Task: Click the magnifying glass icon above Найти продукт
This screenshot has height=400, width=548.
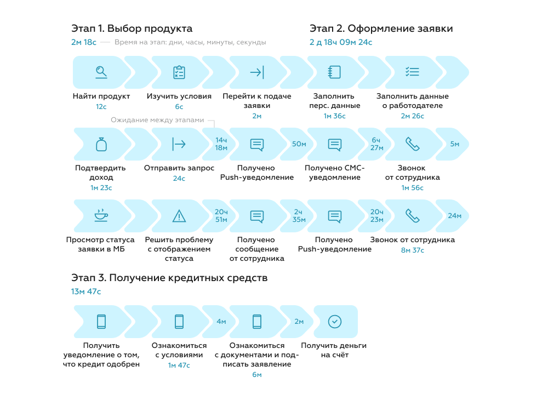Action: pyautogui.click(x=101, y=72)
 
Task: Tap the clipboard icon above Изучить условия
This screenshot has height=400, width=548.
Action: pyautogui.click(x=179, y=72)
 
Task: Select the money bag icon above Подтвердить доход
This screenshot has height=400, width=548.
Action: pyautogui.click(x=101, y=144)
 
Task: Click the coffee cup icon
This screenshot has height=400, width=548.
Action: pyautogui.click(x=101, y=215)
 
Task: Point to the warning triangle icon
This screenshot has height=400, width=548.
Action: pyautogui.click(x=179, y=216)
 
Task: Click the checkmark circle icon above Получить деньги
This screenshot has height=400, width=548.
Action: pyautogui.click(x=335, y=322)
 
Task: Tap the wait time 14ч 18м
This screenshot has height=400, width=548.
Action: pyautogui.click(x=221, y=144)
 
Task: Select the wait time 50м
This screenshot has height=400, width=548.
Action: pyautogui.click(x=299, y=144)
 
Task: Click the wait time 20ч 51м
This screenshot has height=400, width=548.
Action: pyautogui.click(x=221, y=215)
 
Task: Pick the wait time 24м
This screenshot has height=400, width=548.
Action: pyautogui.click(x=455, y=215)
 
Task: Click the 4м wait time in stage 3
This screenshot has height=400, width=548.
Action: pyautogui.click(x=221, y=322)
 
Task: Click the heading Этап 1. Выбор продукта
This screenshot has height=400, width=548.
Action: pyautogui.click(x=132, y=28)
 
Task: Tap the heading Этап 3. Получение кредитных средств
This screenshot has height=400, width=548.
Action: pyautogui.click(x=169, y=278)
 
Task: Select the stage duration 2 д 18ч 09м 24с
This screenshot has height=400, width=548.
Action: pyautogui.click(x=341, y=42)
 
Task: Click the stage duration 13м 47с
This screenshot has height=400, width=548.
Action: pyautogui.click(x=86, y=292)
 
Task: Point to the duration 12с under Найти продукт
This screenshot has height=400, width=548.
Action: pyautogui.click(x=101, y=106)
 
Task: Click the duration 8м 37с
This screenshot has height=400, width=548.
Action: pyautogui.click(x=413, y=250)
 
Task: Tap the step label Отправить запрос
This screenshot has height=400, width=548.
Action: pyautogui.click(x=179, y=168)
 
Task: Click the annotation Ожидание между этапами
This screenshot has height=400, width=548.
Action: pyautogui.click(x=157, y=120)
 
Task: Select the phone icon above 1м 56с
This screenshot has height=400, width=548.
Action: pyautogui.click(x=413, y=144)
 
